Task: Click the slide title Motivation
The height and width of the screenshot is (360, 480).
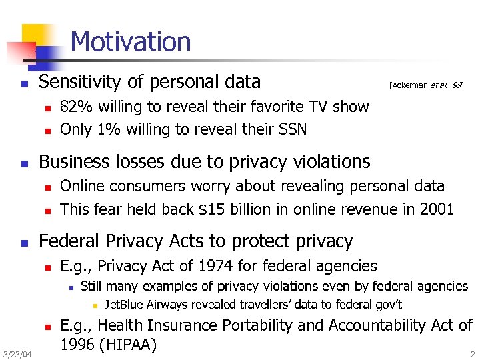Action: pos(130,42)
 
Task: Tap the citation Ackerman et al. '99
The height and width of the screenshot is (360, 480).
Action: pos(427,85)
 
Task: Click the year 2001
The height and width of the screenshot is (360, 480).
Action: pos(437,209)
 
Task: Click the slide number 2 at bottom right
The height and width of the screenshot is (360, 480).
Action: pos(471,354)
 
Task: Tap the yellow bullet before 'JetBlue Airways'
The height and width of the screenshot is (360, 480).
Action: pos(95,307)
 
